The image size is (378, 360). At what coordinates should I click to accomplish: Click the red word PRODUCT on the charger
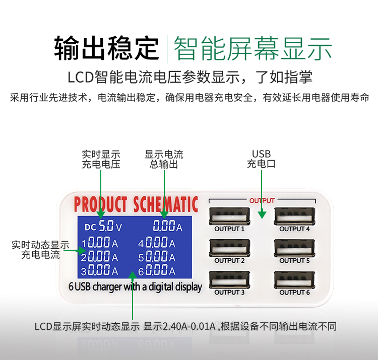pyautogui.click(x=100, y=204)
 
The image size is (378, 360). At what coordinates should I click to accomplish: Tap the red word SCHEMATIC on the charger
pyautogui.click(x=166, y=204)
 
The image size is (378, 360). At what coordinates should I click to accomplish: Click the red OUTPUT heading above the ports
pyautogui.click(x=262, y=200)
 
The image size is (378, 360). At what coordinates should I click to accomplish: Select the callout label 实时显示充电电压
pyautogui.click(x=101, y=159)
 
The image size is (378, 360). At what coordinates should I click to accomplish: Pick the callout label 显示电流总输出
pyautogui.click(x=164, y=159)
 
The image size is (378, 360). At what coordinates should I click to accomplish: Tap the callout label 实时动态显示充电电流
pyautogui.click(x=40, y=250)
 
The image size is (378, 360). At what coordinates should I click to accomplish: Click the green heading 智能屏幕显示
pyautogui.click(x=253, y=49)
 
